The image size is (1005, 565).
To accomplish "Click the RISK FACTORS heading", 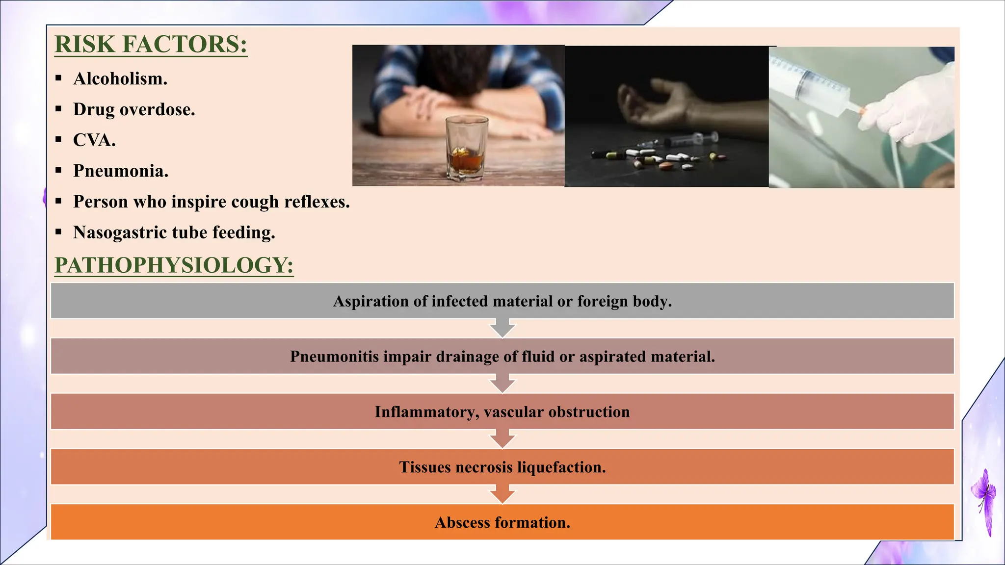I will coord(151,44).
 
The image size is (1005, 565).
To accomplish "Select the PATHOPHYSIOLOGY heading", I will coord(174,265).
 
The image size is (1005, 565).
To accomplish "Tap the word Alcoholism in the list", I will coord(120,78).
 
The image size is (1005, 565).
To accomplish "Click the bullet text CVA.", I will coord(94,140).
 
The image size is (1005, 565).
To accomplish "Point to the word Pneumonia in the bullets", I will coord(121,171).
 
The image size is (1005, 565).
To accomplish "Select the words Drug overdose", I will coord(134,109).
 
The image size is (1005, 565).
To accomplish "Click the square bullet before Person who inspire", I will coord(59,201).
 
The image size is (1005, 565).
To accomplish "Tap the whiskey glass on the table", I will coord(467,147).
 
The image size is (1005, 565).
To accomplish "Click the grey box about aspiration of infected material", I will coord(502,301).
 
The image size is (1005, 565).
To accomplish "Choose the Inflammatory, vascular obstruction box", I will coord(502,412).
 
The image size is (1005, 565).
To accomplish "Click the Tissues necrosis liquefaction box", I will coord(502,467).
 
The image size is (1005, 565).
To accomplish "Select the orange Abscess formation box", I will coord(502,523).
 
